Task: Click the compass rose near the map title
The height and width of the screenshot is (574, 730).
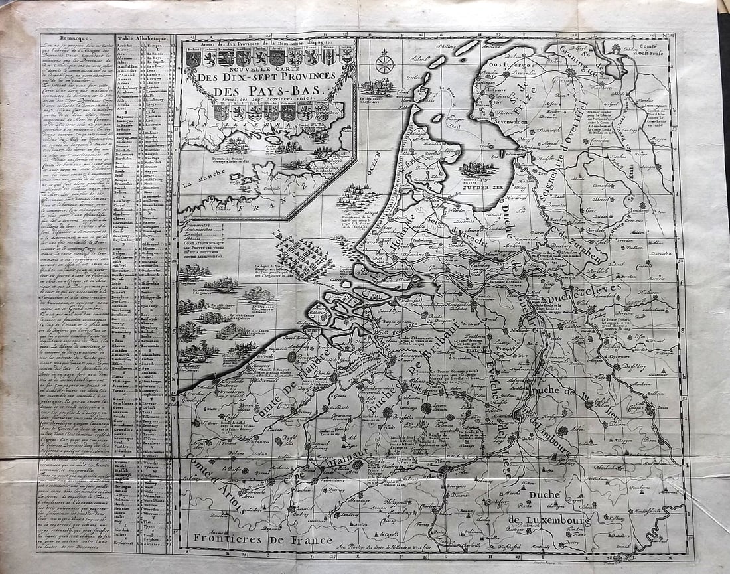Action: click(x=384, y=63)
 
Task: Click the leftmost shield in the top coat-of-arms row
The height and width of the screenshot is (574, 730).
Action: click(x=192, y=58)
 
